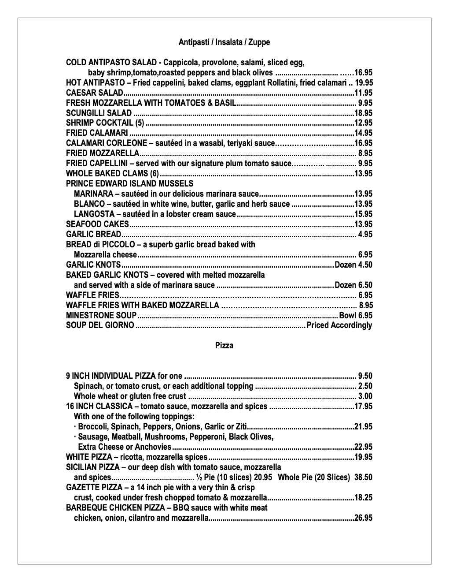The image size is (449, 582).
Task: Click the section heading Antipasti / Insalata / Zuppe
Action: pos(224,42)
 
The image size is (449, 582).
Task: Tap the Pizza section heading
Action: pos(224,346)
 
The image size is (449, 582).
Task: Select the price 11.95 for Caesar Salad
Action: pos(363,93)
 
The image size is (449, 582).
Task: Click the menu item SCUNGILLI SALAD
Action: pos(99,113)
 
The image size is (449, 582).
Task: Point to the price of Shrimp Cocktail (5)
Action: pos(363,123)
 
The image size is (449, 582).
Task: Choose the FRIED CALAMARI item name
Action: pos(97,133)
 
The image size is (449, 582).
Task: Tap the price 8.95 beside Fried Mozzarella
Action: pos(365,153)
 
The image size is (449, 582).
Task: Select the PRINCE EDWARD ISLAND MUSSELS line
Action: pos(129,183)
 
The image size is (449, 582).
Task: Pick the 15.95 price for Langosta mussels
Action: pos(363,214)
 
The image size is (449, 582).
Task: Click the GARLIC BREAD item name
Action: pos(93,235)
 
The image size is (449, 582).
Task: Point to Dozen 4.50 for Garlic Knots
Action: pos(353,265)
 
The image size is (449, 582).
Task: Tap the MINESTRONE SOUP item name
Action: pos(101,316)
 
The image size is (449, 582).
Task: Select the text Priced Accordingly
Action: pos(339,326)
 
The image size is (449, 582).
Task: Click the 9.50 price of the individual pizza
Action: pos(365,376)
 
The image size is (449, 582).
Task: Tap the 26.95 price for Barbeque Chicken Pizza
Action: pos(363,518)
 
